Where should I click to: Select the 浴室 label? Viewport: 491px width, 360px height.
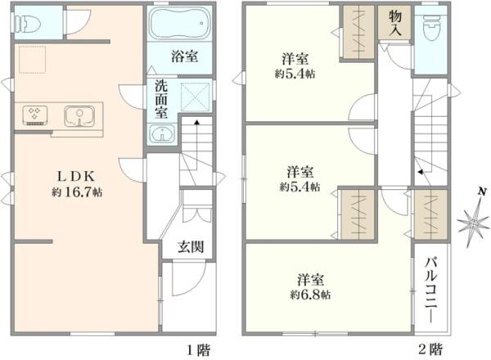182,57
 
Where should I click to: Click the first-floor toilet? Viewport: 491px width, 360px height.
30,23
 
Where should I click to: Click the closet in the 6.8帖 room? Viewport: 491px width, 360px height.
430,214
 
